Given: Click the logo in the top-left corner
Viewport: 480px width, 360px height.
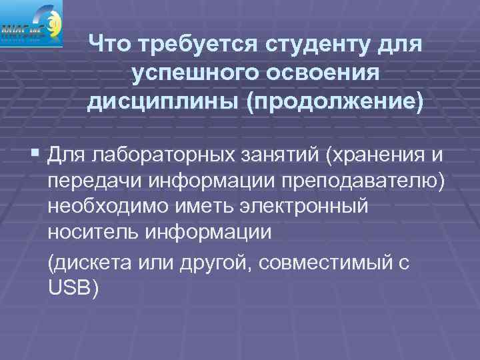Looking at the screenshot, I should (x=31, y=23).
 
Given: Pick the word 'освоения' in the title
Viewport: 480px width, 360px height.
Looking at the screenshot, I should (x=317, y=74).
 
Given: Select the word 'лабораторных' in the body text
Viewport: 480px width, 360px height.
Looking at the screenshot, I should (x=157, y=156).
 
